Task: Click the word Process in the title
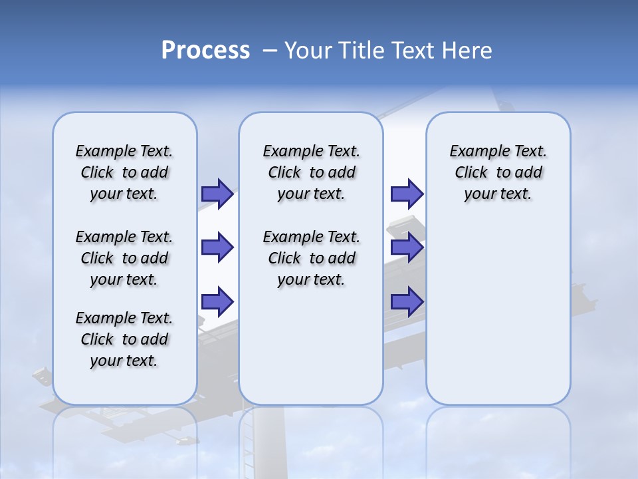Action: pos(205,50)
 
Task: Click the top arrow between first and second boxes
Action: pos(217,194)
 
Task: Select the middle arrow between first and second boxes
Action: pos(217,247)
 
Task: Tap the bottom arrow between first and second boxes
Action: pos(217,301)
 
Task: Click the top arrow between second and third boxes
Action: pos(407,194)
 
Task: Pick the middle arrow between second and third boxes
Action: pos(407,247)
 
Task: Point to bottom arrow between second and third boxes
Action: pos(407,301)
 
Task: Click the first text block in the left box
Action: pos(124,172)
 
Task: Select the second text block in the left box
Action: pos(124,258)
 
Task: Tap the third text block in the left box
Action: pos(124,339)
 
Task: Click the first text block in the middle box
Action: pos(311,172)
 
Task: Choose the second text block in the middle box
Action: pos(311,258)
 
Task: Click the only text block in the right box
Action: pos(498,172)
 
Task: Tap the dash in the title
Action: pos(270,51)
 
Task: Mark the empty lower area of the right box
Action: pos(498,313)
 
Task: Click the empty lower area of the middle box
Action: pos(311,346)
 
